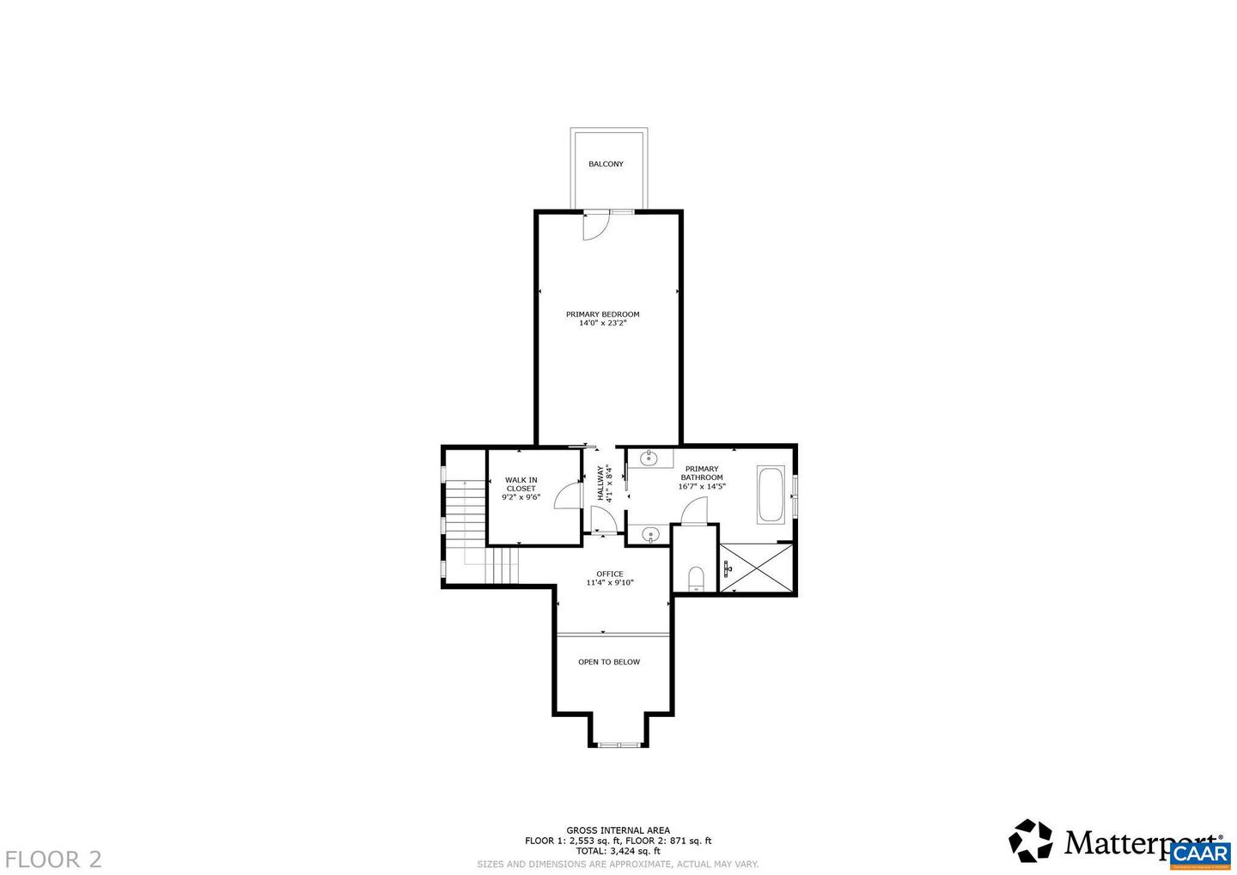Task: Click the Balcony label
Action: pyautogui.click(x=606, y=164)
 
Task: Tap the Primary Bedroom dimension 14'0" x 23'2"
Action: pyautogui.click(x=602, y=324)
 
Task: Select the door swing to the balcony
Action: pyautogui.click(x=594, y=226)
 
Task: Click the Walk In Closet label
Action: pyautogui.click(x=521, y=484)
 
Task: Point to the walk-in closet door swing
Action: pyautogui.click(x=568, y=495)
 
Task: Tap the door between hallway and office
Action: pyautogui.click(x=603, y=520)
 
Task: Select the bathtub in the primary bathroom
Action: pyautogui.click(x=770, y=495)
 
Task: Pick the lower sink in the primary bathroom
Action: pyautogui.click(x=650, y=535)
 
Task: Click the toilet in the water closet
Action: pyautogui.click(x=696, y=579)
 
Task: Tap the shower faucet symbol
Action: pyautogui.click(x=728, y=568)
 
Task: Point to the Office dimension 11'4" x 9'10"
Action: pyautogui.click(x=609, y=583)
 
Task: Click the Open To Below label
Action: pyautogui.click(x=608, y=662)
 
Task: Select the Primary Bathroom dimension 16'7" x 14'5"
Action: pyautogui.click(x=702, y=487)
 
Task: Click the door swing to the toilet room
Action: pyautogui.click(x=694, y=513)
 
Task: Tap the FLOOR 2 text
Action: pyautogui.click(x=53, y=859)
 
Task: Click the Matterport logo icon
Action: pyautogui.click(x=1030, y=841)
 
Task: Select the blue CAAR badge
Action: pyautogui.click(x=1200, y=853)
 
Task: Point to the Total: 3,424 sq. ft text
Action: pyautogui.click(x=618, y=851)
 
